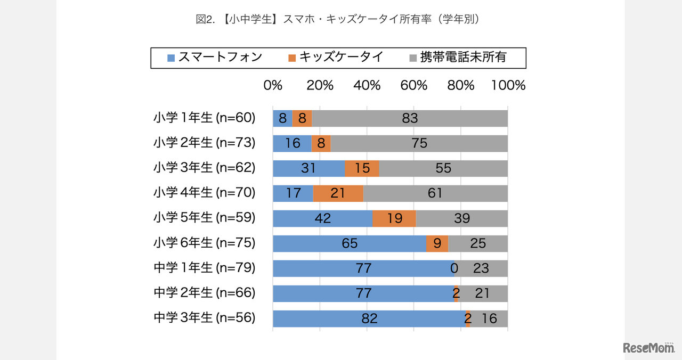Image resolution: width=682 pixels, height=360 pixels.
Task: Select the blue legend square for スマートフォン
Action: (171, 58)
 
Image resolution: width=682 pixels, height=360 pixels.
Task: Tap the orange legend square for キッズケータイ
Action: (291, 58)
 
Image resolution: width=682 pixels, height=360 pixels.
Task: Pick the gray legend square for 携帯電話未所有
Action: (413, 58)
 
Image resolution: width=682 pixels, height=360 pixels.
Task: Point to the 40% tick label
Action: (367, 86)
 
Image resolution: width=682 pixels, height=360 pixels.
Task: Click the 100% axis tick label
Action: (508, 86)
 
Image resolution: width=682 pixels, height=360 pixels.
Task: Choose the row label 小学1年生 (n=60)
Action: (205, 118)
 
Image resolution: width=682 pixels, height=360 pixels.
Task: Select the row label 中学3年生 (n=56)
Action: (205, 318)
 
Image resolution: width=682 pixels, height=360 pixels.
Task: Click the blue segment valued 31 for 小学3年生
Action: (308, 168)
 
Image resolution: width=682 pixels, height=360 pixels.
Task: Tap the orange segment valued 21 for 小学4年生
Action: (338, 193)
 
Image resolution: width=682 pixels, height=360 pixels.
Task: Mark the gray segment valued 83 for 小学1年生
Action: (410, 118)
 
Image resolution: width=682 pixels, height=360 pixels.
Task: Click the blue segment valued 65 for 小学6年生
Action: (349, 243)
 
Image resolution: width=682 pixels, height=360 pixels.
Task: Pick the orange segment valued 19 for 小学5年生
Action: (394, 218)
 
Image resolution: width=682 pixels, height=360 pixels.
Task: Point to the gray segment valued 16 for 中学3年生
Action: (489, 318)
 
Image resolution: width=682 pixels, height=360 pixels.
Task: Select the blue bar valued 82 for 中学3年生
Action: (369, 318)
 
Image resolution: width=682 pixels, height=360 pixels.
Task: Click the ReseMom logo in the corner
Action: (649, 348)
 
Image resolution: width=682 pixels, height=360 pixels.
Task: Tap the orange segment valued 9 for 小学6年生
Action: (437, 243)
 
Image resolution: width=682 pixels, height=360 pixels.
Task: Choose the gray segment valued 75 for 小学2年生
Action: (419, 143)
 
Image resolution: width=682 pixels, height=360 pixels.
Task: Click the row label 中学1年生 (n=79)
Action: (205, 268)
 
